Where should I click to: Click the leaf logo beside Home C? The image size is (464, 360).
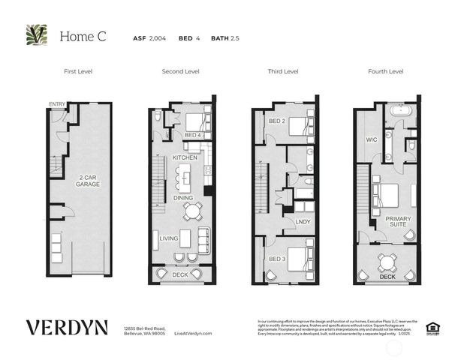36,35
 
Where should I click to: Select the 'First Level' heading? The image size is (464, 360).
79,71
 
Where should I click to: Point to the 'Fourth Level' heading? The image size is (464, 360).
385,71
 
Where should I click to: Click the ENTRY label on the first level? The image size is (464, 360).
57,104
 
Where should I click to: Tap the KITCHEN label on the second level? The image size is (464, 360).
185,157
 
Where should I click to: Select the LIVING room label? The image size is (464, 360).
169,238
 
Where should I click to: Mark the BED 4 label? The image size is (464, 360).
193,135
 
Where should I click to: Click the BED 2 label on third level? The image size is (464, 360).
276,121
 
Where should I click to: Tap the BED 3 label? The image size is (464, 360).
276,259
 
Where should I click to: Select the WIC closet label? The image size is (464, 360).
371,140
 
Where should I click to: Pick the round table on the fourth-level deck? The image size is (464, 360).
387,262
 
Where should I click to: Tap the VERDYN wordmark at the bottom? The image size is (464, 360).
67,327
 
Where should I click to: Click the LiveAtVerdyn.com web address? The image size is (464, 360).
192,333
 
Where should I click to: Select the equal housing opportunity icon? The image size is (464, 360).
432,327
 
